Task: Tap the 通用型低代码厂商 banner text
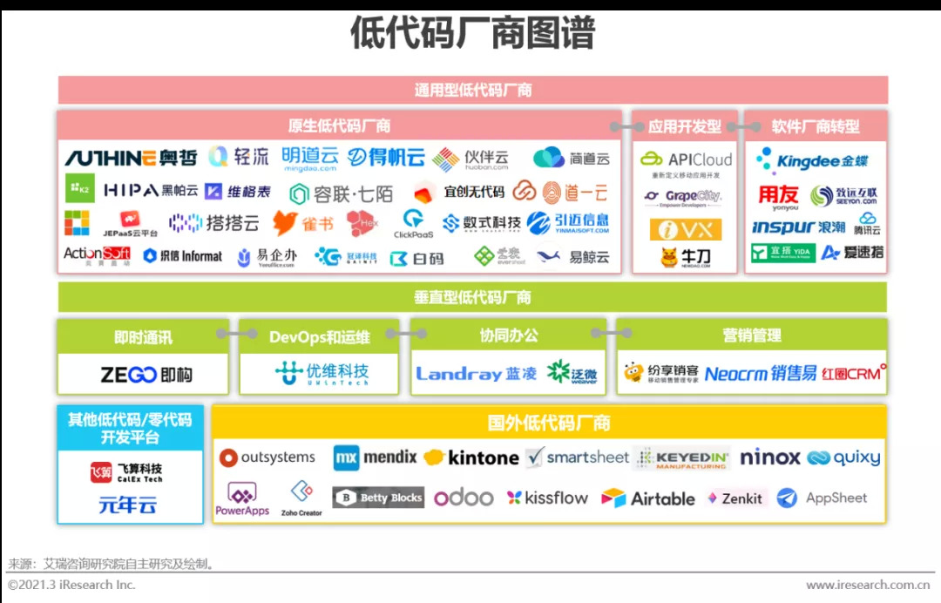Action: point(472,90)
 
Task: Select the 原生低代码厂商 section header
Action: point(339,126)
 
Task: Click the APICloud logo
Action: point(686,159)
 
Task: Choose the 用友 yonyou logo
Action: point(778,197)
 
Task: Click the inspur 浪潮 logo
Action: point(798,227)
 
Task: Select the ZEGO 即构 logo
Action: point(146,375)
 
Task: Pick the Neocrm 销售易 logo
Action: point(761,374)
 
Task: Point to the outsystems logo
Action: point(267,457)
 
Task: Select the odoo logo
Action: point(464,498)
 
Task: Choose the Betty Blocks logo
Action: point(378,498)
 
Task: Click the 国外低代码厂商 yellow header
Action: point(549,423)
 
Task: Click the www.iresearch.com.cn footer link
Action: point(868,585)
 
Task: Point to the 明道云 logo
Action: point(309,158)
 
